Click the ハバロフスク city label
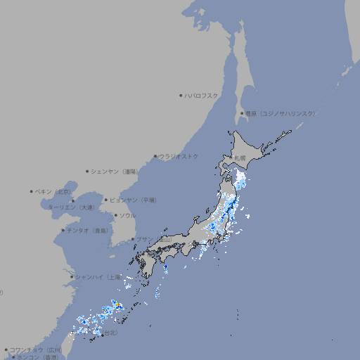pyautogui.click(x=202, y=95)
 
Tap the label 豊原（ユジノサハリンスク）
pyautogui.click(x=280, y=113)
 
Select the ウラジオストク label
pyautogui.click(x=179, y=156)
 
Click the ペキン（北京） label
pyautogui.click(x=53, y=191)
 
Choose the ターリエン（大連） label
pyautogui.click(x=71, y=208)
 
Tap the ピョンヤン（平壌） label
pyautogui.click(x=134, y=200)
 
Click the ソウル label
pyautogui.click(x=127, y=216)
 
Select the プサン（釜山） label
pyautogui.click(x=154, y=239)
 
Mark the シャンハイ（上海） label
pyautogui.click(x=98, y=277)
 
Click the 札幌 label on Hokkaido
pyautogui.click(x=240, y=158)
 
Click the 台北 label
pyautogui.click(x=111, y=333)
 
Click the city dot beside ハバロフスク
pyautogui.click(x=181, y=95)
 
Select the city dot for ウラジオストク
pyautogui.click(x=155, y=156)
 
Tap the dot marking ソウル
pyautogui.click(x=115, y=216)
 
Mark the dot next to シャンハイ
pyautogui.click(x=71, y=277)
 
